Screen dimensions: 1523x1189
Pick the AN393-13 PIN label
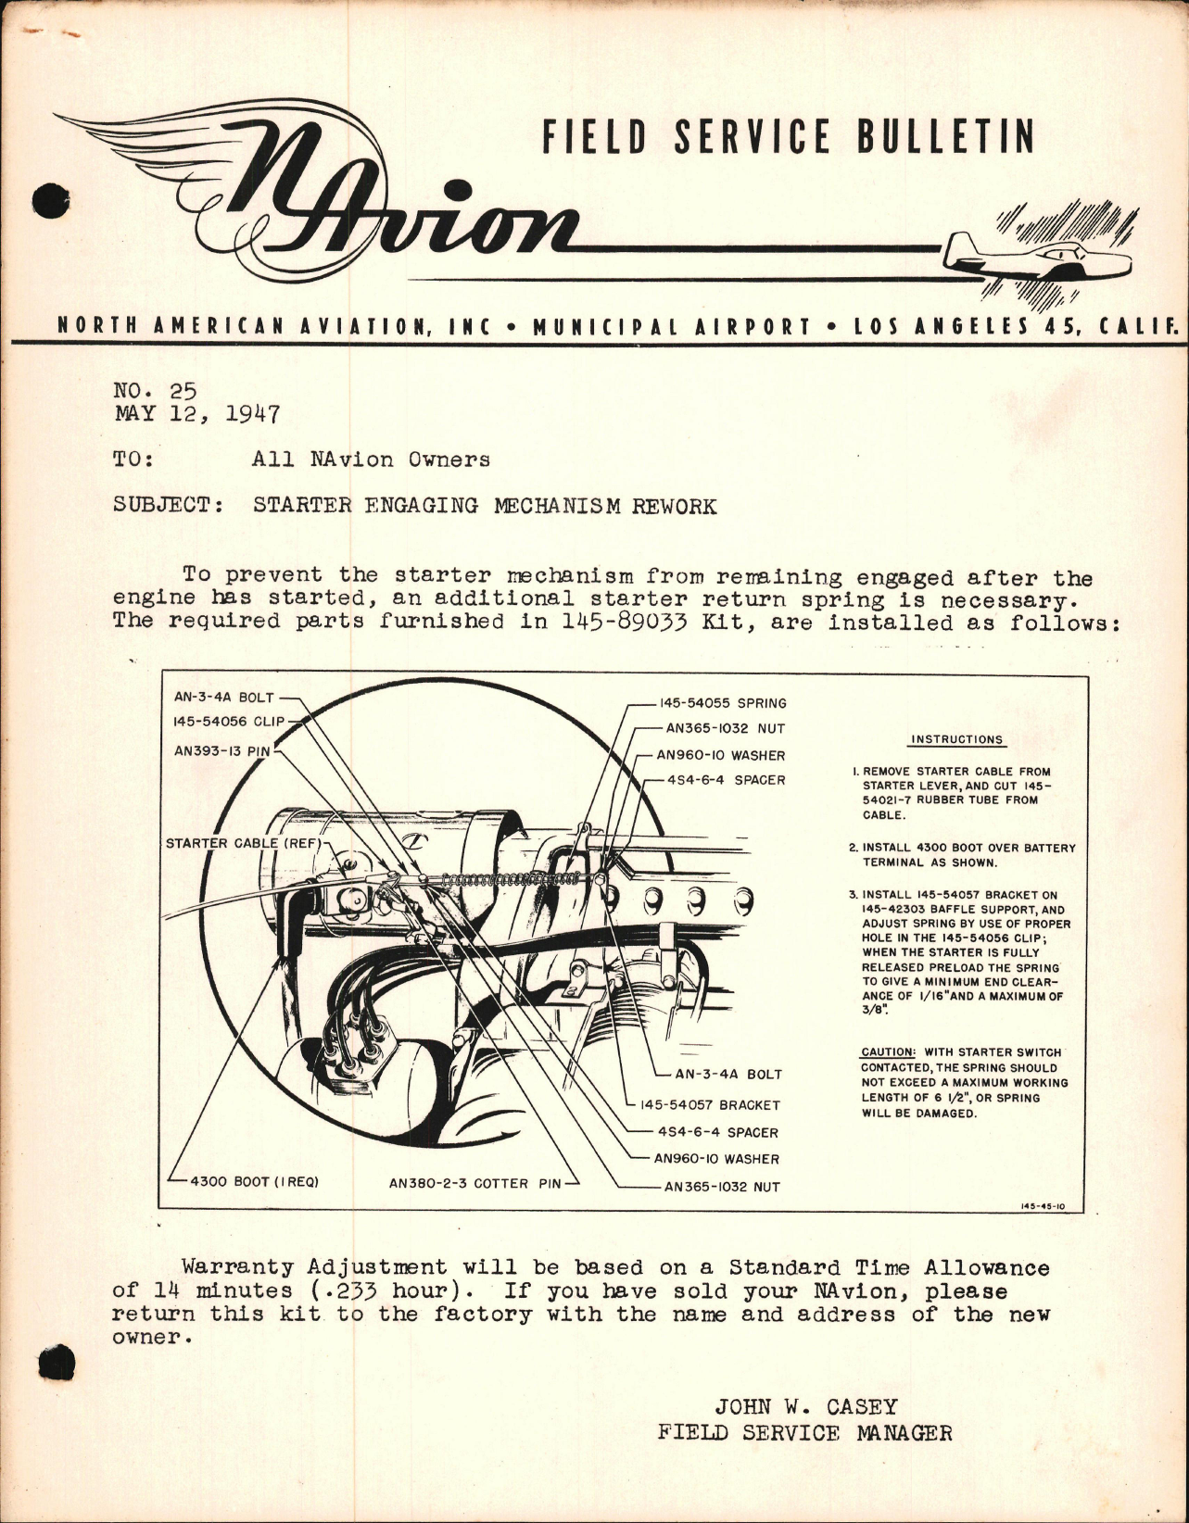click(221, 751)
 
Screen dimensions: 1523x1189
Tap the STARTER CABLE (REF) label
click(242, 844)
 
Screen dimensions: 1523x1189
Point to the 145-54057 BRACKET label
click(710, 1104)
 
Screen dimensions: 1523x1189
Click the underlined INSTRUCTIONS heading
click(956, 739)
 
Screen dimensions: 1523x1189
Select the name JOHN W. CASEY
click(804, 1406)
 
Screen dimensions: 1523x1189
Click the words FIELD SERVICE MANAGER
click(804, 1432)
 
